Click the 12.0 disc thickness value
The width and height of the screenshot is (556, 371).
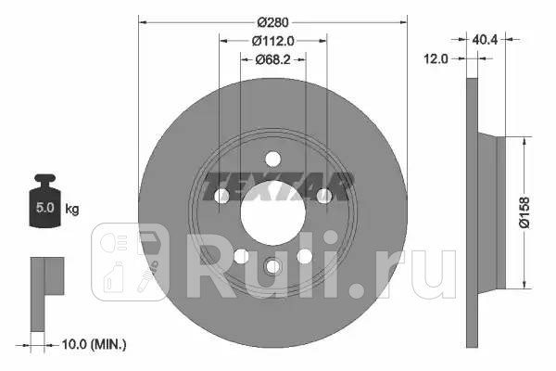pos(436,58)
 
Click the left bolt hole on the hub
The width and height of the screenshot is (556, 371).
pos(221,196)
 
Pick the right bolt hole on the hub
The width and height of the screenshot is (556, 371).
pos(324,196)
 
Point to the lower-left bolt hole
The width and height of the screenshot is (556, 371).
pos(241,256)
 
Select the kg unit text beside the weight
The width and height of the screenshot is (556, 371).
pos(72,210)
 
